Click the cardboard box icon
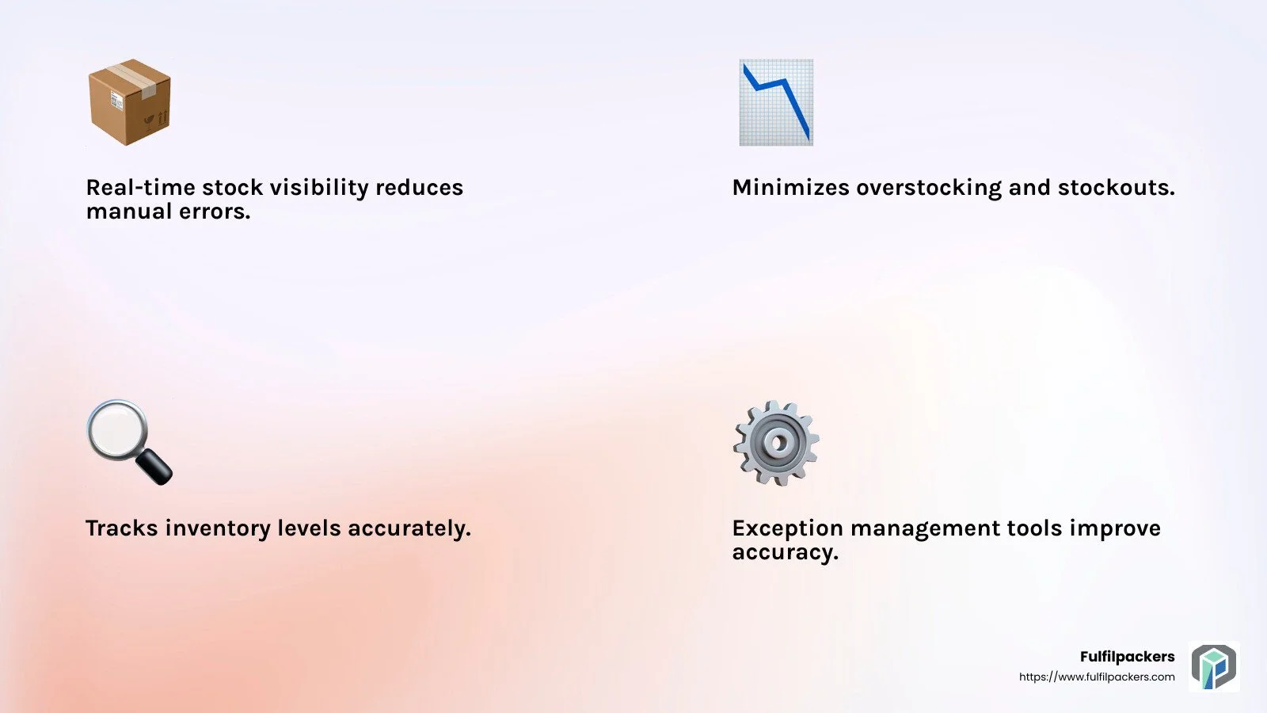pyautogui.click(x=129, y=102)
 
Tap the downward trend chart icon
pyautogui.click(x=776, y=102)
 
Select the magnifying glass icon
pyautogui.click(x=128, y=441)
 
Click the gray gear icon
pyautogui.click(x=776, y=443)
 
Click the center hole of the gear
pyautogui.click(x=777, y=442)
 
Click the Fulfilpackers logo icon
pyautogui.click(x=1214, y=666)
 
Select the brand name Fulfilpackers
pyautogui.click(x=1127, y=656)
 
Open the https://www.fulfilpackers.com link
pyautogui.click(x=1097, y=677)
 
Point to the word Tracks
pyautogui.click(x=121, y=528)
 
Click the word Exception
pyautogui.click(x=787, y=528)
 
